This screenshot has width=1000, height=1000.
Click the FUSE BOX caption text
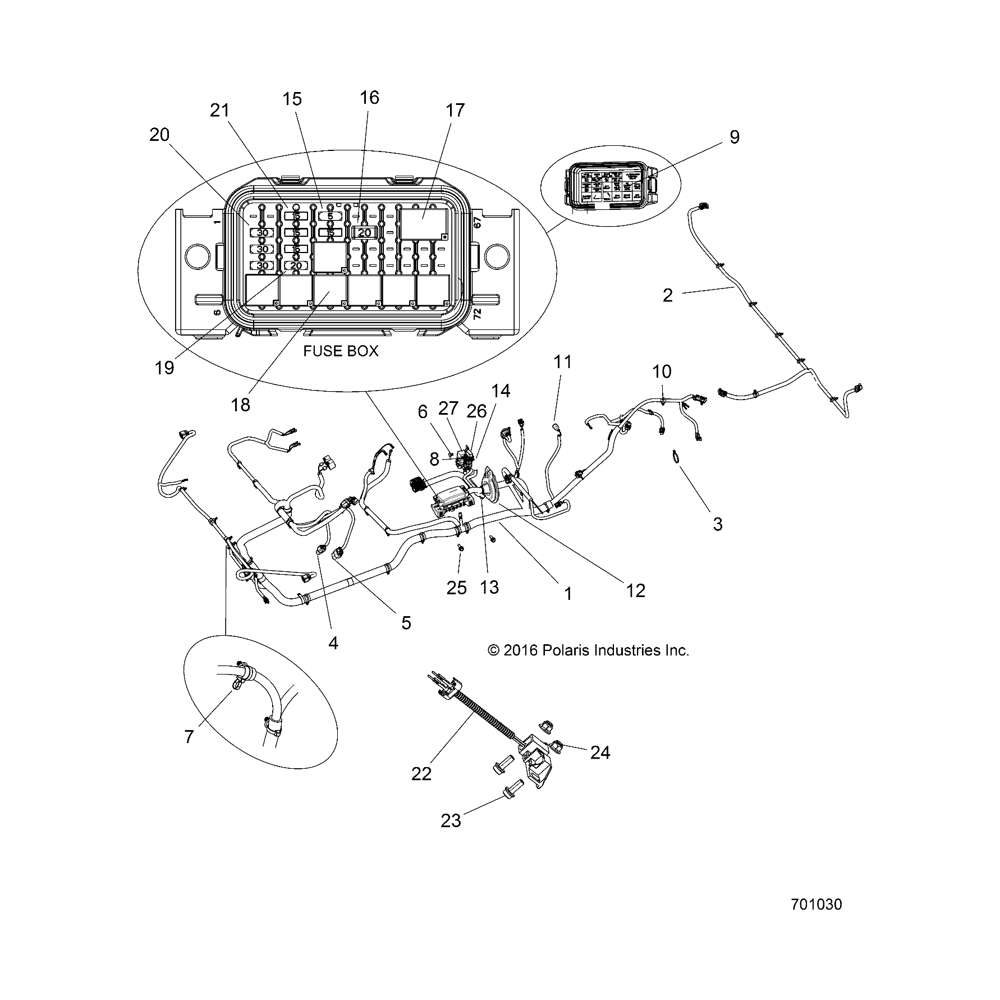pos(341,351)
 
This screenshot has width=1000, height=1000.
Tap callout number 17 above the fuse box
pos(456,110)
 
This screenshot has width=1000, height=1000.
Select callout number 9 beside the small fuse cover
pos(735,137)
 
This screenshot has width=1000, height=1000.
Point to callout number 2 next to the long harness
pos(667,295)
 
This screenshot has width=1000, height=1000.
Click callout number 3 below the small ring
pos(717,524)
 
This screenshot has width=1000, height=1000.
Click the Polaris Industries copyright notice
pos(588,650)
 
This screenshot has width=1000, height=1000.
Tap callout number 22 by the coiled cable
pos(421,774)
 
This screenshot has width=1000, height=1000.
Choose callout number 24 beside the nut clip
pos(600,752)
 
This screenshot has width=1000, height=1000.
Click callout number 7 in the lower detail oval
pos(189,736)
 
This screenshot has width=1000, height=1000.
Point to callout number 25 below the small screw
pos(457,588)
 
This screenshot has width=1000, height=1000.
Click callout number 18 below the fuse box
pos(241,404)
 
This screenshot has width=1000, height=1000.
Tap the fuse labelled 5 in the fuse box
pos(330,216)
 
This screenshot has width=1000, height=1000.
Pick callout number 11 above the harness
pos(563,362)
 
